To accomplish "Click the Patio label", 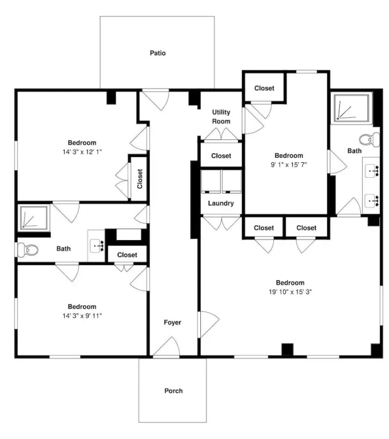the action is pos(157,53).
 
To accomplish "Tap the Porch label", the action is pos(173,390).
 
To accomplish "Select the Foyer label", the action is pos(172,322).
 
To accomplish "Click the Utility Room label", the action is pos(221,117).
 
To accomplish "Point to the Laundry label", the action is pos(221,203).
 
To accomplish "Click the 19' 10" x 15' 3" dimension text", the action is pos(291,292).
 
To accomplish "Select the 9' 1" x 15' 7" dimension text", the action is pos(289,165).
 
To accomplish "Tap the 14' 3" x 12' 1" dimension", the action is pos(82,152).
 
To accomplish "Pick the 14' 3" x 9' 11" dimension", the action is pos(82,316).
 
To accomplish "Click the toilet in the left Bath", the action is pos(27,249).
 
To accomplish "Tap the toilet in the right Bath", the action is pos(370,139).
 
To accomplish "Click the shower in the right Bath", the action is pos(352,107).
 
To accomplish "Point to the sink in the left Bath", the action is pos(97,246).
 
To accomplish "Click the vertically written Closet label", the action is pos(140,178).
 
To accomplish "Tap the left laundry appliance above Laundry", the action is pos(211,181).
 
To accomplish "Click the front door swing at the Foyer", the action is pos(166,347).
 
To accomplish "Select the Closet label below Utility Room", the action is pos(221,155).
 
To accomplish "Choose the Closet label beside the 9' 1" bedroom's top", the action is pos(264,88).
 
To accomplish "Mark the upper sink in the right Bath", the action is pos(372,170).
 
